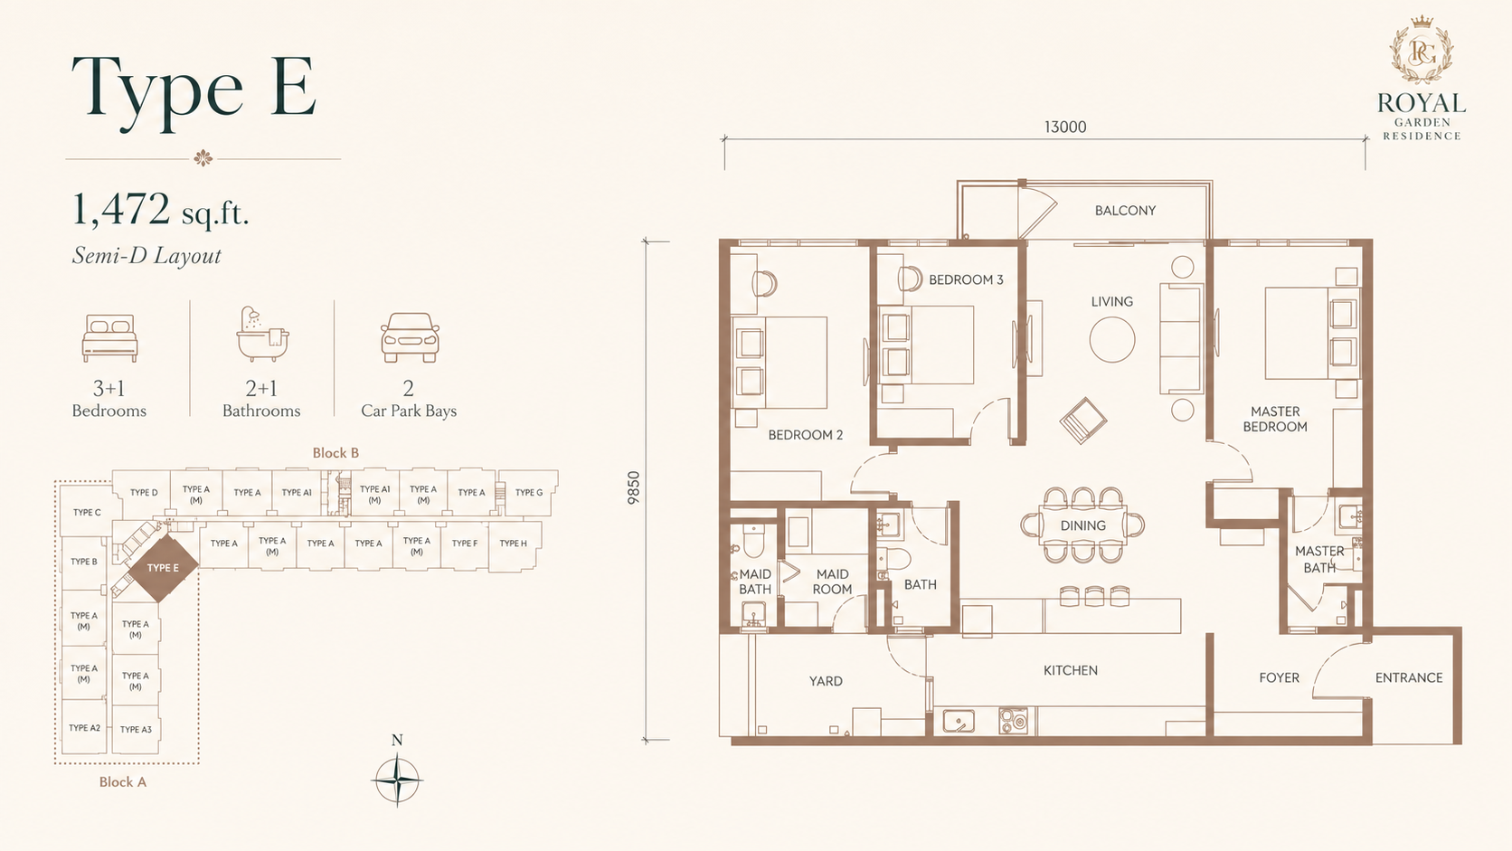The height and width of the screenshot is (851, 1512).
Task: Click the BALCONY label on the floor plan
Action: tap(1125, 211)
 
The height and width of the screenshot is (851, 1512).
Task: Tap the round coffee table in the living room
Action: tap(1111, 339)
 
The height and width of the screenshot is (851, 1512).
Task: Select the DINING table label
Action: tap(1082, 525)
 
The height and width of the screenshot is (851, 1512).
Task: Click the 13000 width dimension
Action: tap(1065, 127)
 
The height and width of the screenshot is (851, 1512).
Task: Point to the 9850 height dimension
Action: tap(633, 488)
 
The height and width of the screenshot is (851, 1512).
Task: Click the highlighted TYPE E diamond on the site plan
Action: tap(164, 568)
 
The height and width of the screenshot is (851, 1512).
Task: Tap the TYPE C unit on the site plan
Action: tap(87, 512)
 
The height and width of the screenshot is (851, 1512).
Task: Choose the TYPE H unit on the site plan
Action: tap(513, 544)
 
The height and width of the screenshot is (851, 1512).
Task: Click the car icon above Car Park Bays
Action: tap(410, 337)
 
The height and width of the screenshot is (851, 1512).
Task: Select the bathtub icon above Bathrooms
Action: tap(262, 336)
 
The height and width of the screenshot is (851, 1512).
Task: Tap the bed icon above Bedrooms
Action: tap(109, 338)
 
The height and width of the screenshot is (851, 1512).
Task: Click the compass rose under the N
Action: tap(397, 780)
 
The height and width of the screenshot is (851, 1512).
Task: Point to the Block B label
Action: tap(335, 453)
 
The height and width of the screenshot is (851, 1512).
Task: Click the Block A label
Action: tap(123, 782)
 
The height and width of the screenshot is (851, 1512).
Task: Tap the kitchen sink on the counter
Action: tap(959, 721)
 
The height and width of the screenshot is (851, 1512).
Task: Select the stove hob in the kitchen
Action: tap(1013, 721)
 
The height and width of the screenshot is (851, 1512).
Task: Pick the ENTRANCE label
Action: tap(1409, 677)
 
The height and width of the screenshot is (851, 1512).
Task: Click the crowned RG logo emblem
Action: tap(1422, 51)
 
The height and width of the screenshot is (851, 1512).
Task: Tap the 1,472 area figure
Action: tap(121, 209)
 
